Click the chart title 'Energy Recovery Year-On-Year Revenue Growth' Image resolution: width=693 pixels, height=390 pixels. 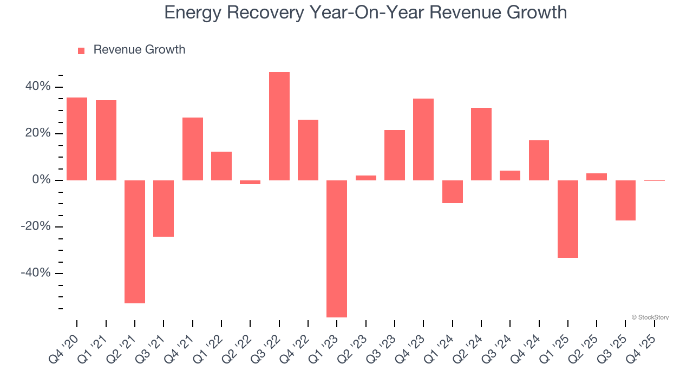point(365,12)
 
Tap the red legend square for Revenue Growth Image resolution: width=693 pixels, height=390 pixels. point(81,50)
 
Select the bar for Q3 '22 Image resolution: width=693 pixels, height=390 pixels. point(279,126)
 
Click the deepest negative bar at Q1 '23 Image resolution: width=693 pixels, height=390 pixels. point(337,249)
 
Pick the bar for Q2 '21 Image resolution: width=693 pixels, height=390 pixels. point(135,242)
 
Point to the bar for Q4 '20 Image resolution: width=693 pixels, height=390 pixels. point(77,139)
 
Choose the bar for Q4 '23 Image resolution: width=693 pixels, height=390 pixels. point(423,139)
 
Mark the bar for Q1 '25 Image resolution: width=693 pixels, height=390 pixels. point(568,219)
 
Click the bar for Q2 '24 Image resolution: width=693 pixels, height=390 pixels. point(481,144)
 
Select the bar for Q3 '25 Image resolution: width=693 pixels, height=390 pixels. point(625,200)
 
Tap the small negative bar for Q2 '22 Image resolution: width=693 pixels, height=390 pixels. point(250,183)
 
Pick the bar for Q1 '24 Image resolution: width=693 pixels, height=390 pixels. point(452,192)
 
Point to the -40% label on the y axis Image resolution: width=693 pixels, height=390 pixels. point(36,273)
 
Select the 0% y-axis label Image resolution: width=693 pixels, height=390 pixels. point(41,180)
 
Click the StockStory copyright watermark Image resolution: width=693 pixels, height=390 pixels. point(650,317)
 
